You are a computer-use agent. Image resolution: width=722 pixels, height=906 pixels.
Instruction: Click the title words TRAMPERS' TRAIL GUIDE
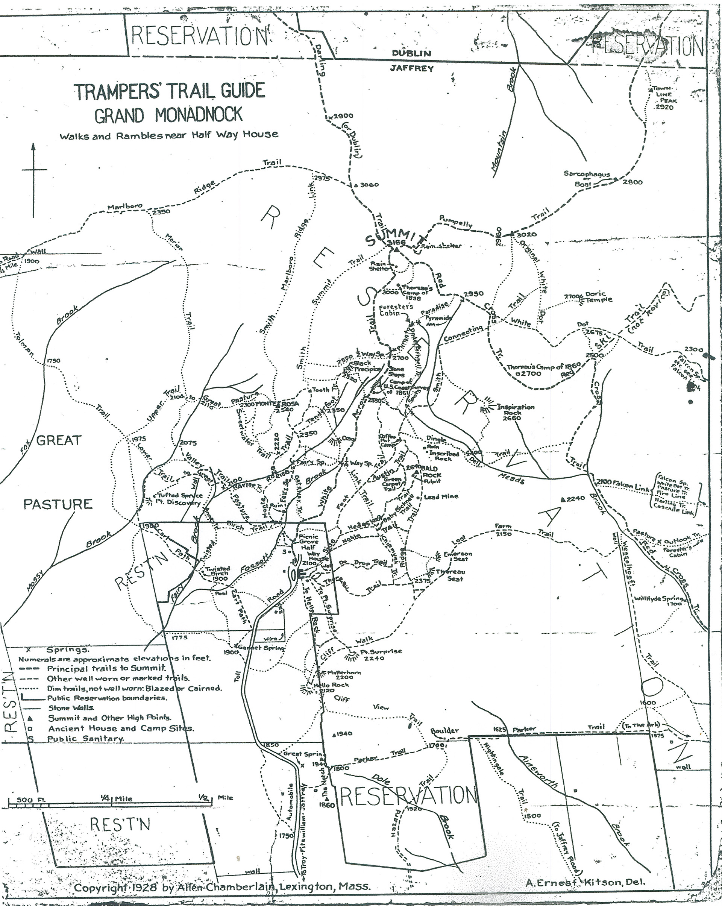click(169, 91)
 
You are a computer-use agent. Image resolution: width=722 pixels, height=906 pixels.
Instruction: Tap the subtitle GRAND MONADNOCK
click(168, 115)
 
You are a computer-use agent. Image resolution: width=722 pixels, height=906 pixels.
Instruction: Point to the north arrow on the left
click(33, 181)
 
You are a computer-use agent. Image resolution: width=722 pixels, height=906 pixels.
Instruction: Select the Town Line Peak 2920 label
click(664, 98)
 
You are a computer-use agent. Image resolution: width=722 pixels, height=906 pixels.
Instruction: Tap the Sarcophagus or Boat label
click(587, 179)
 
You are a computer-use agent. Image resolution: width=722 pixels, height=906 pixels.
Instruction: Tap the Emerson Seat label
click(458, 556)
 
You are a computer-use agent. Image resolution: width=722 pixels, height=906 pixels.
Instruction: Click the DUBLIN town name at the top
click(411, 53)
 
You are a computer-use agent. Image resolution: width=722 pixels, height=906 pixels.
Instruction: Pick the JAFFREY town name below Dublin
click(411, 68)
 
